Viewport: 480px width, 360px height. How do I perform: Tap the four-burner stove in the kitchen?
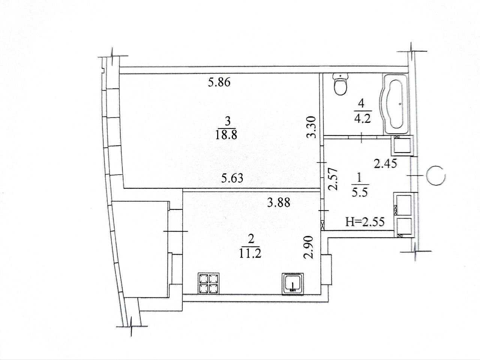(x=208, y=283)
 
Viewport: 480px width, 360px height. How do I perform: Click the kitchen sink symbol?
(x=292, y=284)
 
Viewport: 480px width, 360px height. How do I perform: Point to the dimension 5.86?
(x=219, y=83)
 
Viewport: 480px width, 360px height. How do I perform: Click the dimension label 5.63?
(x=232, y=178)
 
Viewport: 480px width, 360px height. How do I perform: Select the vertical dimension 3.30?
(x=311, y=127)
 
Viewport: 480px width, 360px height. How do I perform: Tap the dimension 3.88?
(x=279, y=203)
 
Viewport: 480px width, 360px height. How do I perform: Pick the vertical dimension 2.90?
(x=309, y=247)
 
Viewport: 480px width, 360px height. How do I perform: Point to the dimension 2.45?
(x=385, y=164)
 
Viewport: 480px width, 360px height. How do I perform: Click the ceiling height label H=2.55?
(x=365, y=222)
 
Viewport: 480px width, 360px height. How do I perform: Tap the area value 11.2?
(x=250, y=254)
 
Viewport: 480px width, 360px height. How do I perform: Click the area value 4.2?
(x=362, y=119)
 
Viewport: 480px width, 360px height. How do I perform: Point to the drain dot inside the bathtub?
(x=400, y=104)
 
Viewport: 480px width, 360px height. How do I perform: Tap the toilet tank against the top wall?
(x=340, y=76)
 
